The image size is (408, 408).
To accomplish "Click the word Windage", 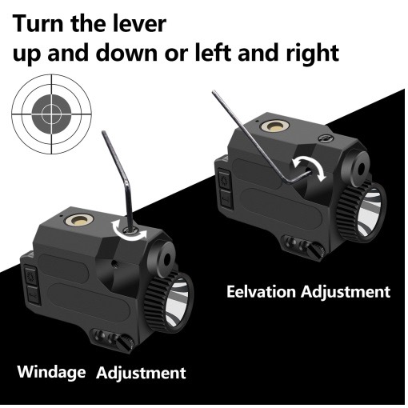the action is pos(51,372).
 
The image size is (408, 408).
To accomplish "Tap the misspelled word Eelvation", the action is pos(261,291).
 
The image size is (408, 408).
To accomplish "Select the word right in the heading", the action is pos(313,53).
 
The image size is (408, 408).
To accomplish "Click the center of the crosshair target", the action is pos(51,114).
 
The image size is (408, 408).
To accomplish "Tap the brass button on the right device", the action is pos(274,126).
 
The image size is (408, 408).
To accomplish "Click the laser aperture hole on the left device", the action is pos(167,258).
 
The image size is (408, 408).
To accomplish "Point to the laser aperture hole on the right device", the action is pos(361,168).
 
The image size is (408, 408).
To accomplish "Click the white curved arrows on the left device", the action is pos(130,231).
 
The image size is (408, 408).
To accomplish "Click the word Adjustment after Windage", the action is pos(141,373).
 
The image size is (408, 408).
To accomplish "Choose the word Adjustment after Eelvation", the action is pos(346,292).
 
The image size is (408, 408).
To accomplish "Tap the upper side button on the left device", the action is pos(31,275).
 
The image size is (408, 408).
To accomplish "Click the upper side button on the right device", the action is pos(224,179).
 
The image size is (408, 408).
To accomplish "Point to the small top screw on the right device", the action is pos(326,138).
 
